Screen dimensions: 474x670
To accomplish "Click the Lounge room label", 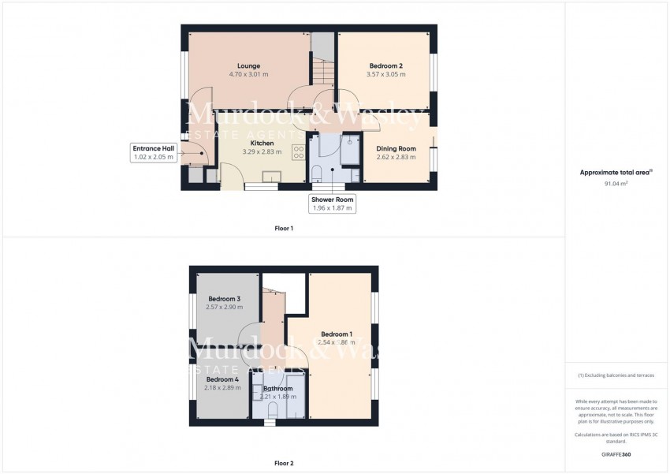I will (249, 65).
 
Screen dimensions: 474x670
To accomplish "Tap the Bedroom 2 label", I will (386, 65).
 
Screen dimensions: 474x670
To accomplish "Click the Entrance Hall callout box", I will (153, 153).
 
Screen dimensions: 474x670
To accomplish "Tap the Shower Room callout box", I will (333, 203).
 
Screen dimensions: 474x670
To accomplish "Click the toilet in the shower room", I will (316, 174).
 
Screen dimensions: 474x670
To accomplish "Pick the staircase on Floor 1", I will (321, 59).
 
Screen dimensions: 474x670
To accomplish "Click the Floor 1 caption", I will (283, 229).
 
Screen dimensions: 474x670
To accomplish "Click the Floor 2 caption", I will (283, 463).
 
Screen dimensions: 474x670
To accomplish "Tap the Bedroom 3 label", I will (224, 299).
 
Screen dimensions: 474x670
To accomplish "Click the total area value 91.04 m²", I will (616, 183).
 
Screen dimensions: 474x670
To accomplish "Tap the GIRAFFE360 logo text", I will (616, 455).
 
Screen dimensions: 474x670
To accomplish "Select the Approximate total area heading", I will (615, 172).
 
